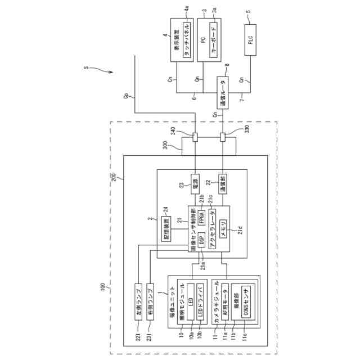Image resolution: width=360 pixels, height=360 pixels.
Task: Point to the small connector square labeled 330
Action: [223, 136]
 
